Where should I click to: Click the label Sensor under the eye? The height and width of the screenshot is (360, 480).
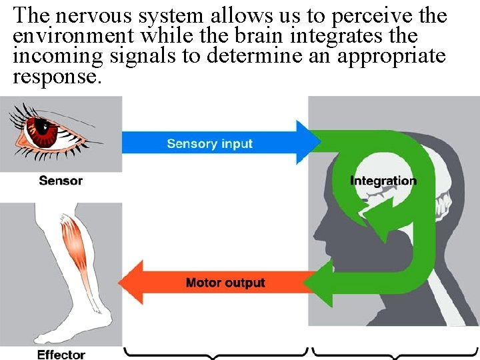[x=61, y=180]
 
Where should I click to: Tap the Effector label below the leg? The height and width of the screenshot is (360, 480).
[x=61, y=354]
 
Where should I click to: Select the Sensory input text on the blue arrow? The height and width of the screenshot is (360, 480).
[x=209, y=143]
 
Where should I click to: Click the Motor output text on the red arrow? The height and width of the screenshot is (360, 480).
[x=225, y=283]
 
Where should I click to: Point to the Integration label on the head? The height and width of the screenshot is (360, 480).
[x=383, y=181]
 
